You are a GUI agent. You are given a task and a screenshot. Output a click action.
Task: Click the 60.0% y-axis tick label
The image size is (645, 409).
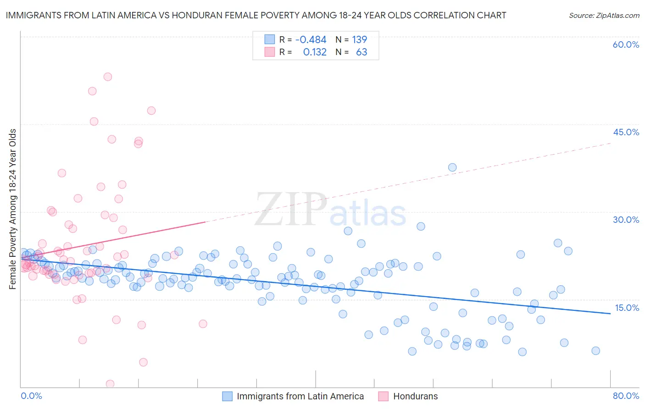(x=626, y=44)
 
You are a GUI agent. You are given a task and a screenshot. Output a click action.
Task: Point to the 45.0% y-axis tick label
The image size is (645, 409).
(x=626, y=132)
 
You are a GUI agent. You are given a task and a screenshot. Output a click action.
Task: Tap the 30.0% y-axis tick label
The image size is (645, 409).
(x=626, y=220)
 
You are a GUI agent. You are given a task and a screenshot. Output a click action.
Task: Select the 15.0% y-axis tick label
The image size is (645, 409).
(x=626, y=308)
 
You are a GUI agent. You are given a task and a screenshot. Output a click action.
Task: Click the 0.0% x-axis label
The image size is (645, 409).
(x=31, y=396)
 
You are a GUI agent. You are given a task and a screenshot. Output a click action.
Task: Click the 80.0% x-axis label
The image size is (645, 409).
(x=626, y=396)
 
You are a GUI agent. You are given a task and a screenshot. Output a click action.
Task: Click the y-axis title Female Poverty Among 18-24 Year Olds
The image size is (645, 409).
(x=13, y=209)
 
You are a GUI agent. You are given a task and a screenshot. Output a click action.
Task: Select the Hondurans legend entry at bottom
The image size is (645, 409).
(x=415, y=396)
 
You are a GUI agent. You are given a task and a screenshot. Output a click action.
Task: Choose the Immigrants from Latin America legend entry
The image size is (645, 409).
(x=300, y=396)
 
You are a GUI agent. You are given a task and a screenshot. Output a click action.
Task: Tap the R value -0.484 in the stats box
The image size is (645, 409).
(x=311, y=39)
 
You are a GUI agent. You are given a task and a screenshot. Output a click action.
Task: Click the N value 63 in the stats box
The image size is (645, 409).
(x=361, y=52)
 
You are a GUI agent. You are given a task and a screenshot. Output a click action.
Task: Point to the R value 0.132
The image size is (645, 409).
(x=315, y=52)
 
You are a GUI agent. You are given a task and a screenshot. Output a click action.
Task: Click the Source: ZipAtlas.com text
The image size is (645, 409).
(x=604, y=15)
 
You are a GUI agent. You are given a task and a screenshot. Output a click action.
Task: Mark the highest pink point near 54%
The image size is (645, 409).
(x=108, y=77)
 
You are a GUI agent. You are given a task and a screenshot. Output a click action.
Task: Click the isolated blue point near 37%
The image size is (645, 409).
(x=452, y=167)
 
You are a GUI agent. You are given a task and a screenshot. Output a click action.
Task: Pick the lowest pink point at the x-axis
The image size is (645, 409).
(x=110, y=384)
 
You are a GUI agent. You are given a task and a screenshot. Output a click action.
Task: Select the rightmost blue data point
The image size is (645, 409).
(x=595, y=351)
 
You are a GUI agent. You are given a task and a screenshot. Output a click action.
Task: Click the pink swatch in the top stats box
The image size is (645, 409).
(x=269, y=52)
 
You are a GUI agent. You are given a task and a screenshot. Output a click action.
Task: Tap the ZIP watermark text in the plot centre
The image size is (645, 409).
(x=291, y=209)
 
